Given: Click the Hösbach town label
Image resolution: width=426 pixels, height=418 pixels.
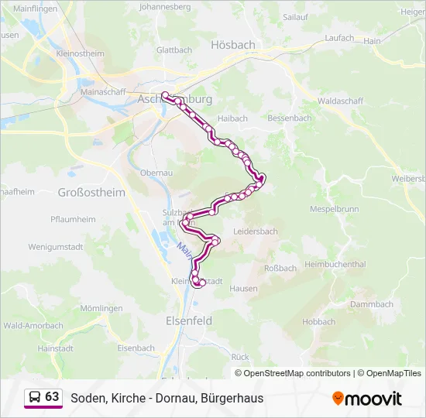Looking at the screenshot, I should click(x=232, y=45).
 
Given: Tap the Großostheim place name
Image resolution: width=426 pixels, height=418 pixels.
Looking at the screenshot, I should click(x=91, y=192).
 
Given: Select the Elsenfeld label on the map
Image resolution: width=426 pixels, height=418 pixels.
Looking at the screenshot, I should click(x=189, y=320).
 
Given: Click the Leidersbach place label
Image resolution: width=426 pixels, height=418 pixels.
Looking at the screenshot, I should click(x=255, y=231).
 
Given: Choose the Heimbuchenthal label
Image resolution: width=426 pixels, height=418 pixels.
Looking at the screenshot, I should click(x=335, y=264).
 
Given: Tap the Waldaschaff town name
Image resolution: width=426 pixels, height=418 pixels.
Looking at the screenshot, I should click(x=339, y=101).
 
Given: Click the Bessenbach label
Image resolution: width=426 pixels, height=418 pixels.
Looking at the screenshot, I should click(x=289, y=118).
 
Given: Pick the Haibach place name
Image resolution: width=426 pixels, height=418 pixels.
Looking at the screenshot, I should click(x=232, y=118).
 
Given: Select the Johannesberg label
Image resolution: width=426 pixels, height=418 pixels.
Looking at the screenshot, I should click(x=164, y=6).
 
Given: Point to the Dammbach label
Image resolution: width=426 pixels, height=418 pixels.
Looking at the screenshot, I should click(x=372, y=304).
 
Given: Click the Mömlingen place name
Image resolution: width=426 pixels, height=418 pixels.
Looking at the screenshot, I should click(x=101, y=308).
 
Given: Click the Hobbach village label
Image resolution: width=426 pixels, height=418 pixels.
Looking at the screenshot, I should click(x=319, y=322).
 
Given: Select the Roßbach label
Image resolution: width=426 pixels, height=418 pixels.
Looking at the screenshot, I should click(x=280, y=269).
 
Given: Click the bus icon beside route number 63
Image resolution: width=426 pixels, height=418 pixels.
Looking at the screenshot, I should click(x=35, y=398).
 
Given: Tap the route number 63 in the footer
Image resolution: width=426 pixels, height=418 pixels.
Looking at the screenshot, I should click(x=52, y=397).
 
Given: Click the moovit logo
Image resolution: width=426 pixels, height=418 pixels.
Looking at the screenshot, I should click(x=367, y=398).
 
